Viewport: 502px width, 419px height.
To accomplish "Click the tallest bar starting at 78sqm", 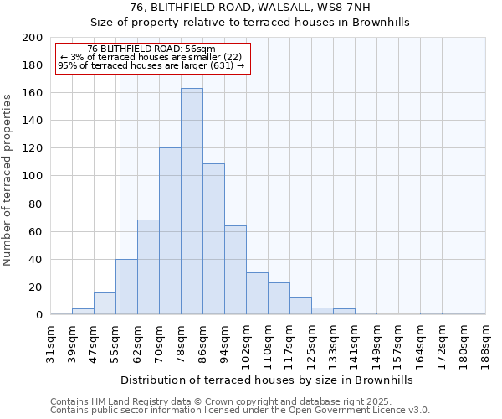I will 192,201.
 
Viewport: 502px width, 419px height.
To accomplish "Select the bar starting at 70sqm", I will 170,231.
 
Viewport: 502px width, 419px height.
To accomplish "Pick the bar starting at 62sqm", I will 148,267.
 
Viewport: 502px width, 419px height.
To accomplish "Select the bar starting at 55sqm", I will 126,287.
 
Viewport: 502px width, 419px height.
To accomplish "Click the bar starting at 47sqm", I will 105,303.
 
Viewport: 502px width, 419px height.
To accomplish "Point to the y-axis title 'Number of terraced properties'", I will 8,179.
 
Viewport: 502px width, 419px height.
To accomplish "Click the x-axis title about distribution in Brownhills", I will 267,380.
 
